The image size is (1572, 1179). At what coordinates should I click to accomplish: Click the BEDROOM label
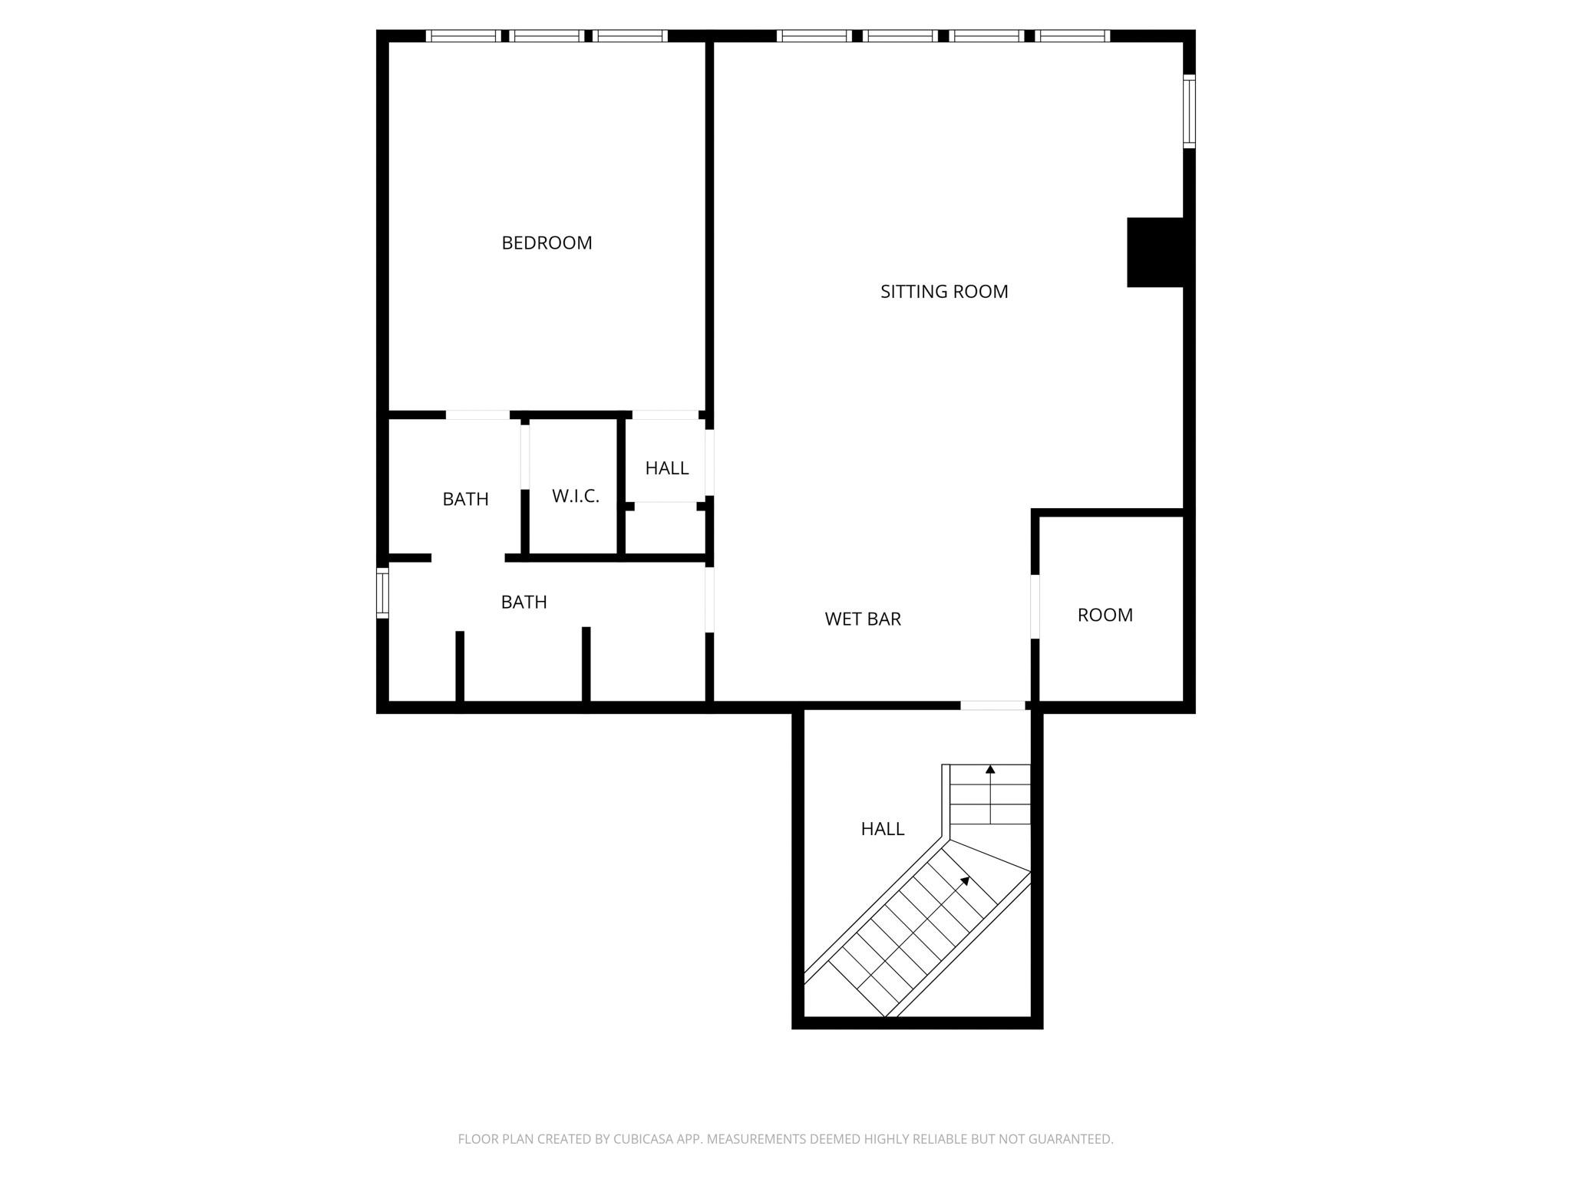(x=547, y=243)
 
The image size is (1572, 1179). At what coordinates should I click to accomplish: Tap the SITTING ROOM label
(x=943, y=292)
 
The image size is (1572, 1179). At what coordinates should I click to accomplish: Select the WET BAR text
(x=862, y=619)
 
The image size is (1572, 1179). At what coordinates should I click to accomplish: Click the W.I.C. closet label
(x=575, y=496)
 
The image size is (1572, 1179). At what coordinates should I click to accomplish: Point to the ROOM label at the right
(x=1105, y=615)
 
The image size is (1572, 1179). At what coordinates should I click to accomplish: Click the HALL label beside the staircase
(x=882, y=829)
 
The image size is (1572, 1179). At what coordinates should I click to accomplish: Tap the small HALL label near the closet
(x=666, y=468)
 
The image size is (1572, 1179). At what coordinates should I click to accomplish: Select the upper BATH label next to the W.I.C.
(x=465, y=499)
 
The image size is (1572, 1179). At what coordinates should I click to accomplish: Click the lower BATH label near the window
(x=523, y=602)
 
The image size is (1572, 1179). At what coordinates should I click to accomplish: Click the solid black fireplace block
(x=1155, y=253)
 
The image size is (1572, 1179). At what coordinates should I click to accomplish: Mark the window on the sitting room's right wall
(x=1189, y=111)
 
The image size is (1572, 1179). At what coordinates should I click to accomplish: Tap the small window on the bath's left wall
(x=381, y=593)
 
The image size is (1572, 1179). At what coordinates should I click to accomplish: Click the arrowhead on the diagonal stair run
(x=966, y=880)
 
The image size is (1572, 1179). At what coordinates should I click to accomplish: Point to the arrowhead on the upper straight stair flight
(x=990, y=768)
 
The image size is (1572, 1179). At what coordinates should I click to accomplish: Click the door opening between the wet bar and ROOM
(x=1035, y=606)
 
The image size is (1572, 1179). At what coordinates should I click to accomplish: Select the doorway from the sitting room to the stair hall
(x=992, y=705)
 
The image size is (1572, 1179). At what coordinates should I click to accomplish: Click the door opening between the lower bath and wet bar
(x=709, y=599)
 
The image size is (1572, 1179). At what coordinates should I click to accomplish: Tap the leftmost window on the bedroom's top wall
(x=462, y=35)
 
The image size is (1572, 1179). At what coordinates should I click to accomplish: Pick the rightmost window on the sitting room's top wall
(x=1073, y=35)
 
